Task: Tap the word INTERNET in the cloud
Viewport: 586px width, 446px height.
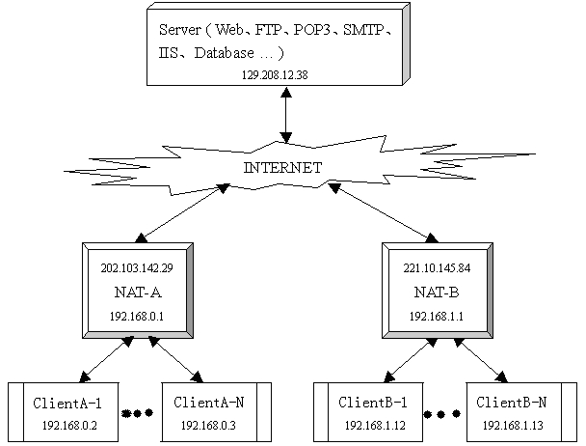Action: pos(283,167)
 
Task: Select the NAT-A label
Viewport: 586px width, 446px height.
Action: pos(137,292)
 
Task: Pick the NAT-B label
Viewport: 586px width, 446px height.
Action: pos(441,292)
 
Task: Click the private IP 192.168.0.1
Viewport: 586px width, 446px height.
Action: pos(137,315)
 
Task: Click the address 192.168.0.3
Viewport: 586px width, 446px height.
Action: pos(215,424)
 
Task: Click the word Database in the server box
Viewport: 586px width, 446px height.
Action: pos(227,52)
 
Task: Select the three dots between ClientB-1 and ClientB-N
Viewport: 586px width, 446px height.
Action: pos(441,414)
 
